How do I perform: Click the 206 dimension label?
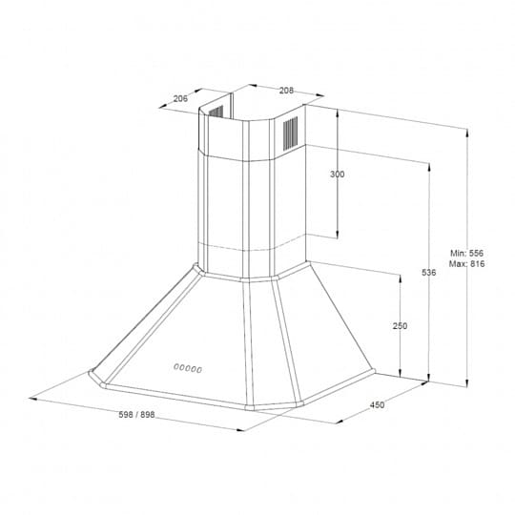180,98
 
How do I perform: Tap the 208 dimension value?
286,91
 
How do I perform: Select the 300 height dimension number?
338,175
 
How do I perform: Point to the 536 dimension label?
429,272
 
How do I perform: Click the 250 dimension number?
400,326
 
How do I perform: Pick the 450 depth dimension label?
377,405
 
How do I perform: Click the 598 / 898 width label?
136,415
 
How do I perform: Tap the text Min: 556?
466,253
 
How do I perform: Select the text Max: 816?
466,264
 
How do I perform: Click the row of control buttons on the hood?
188,368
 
